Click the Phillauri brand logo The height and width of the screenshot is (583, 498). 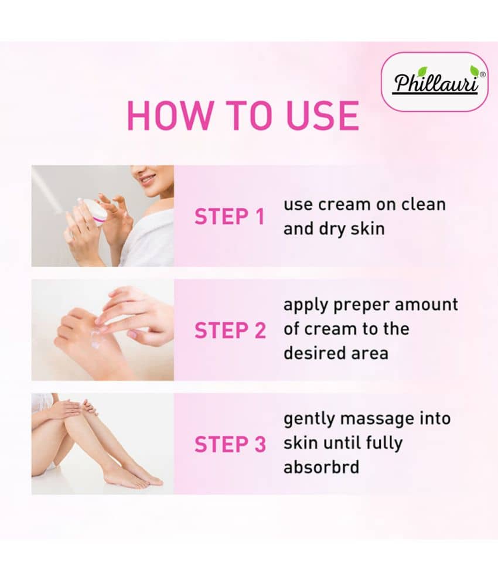click(x=435, y=82)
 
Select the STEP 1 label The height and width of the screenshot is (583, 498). click(x=229, y=216)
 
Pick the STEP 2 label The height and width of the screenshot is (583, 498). click(x=230, y=330)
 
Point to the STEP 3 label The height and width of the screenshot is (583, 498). click(x=230, y=444)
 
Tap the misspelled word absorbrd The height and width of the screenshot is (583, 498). click(x=321, y=467)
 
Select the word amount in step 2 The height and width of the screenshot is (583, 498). click(x=426, y=305)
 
